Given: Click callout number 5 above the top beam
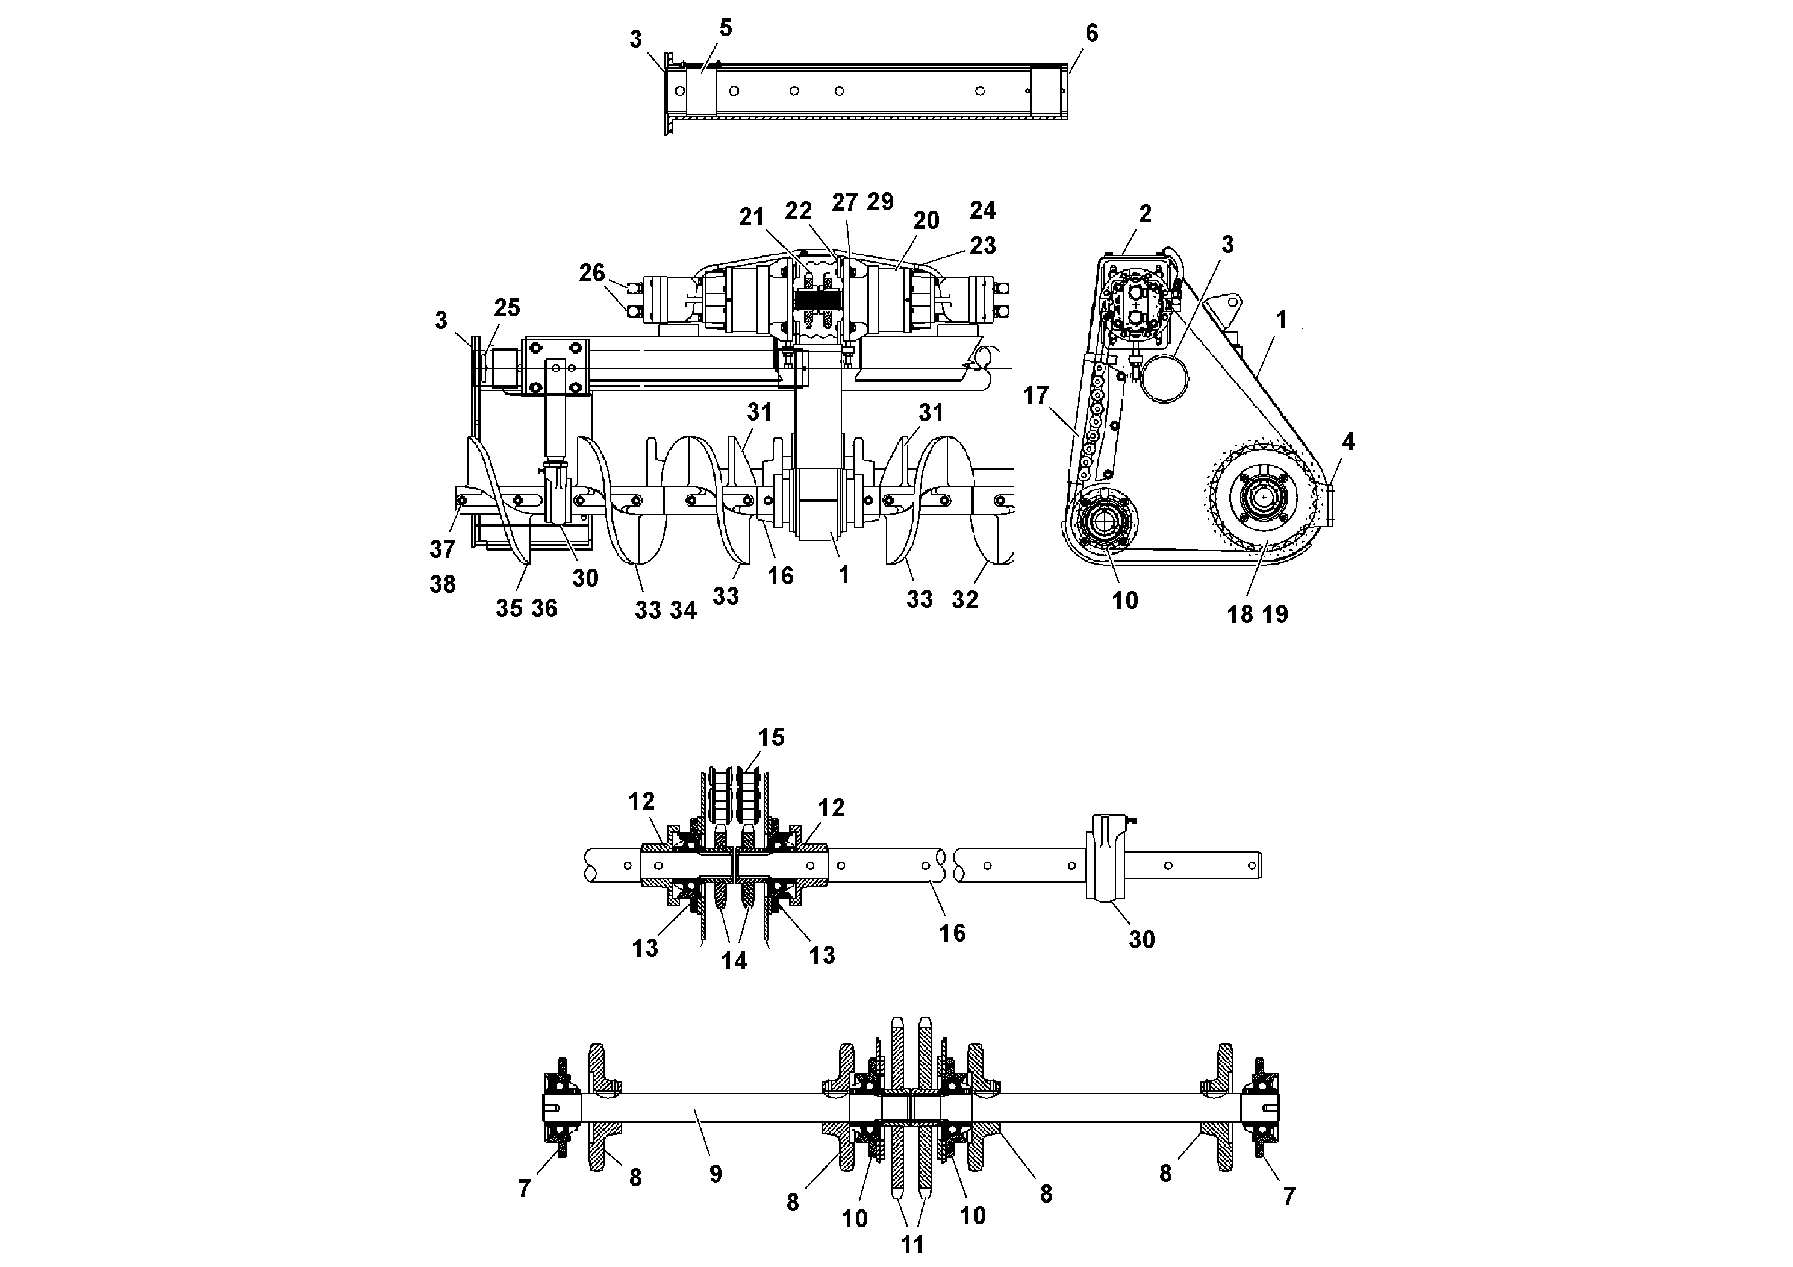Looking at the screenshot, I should [x=726, y=28].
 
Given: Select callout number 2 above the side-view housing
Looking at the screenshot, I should [x=1145, y=214].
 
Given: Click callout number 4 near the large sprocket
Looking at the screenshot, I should [x=1348, y=442].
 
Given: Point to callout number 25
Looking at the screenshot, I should [x=507, y=308].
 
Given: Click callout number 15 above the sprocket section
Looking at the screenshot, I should [x=771, y=737].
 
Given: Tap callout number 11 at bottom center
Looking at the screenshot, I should [x=912, y=1244].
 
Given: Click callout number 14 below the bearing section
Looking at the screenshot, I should [x=734, y=961].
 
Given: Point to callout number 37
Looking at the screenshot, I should [x=442, y=549].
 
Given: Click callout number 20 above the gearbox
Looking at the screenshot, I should [x=926, y=221].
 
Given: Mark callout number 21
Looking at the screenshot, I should [x=751, y=217].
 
